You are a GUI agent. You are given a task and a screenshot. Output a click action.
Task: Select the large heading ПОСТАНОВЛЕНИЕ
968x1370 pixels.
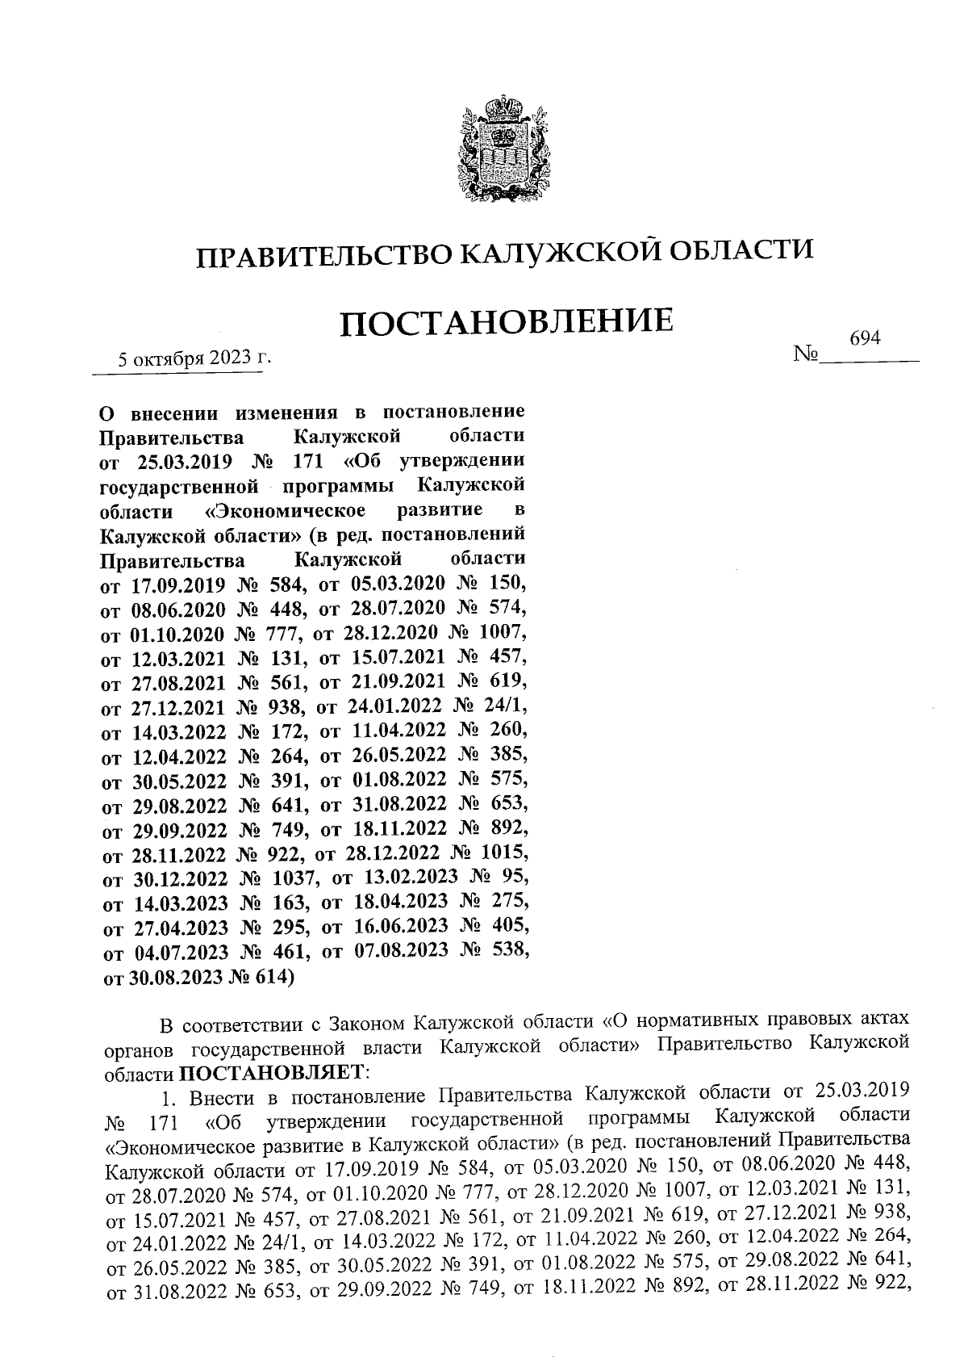(506, 322)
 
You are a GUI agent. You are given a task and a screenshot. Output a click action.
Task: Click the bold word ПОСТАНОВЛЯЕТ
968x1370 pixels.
(271, 1074)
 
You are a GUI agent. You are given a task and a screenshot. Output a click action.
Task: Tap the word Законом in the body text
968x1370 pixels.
(368, 1025)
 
